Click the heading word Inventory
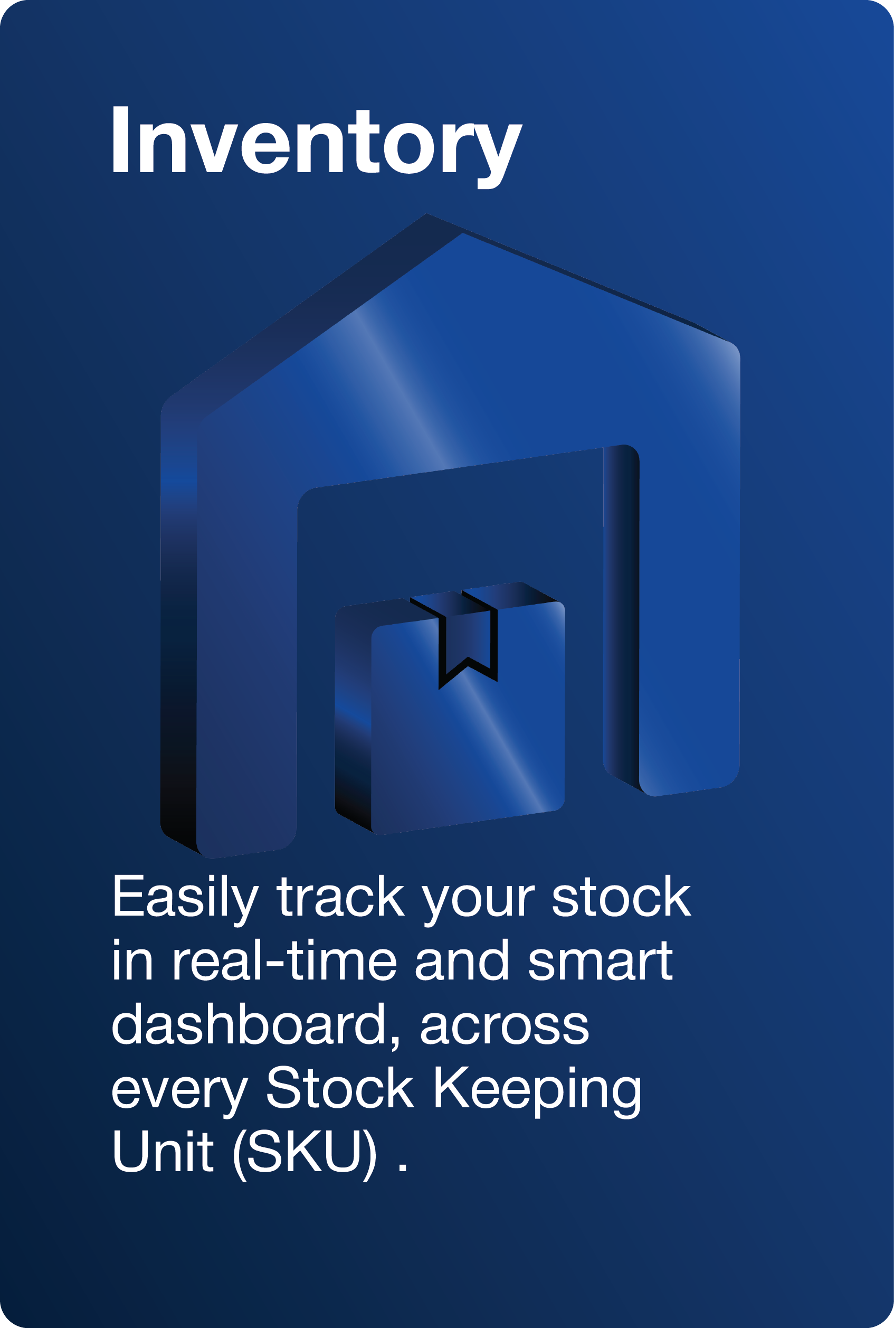coord(317,147)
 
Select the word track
coord(341,898)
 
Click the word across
coord(504,1030)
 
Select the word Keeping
coord(537,1091)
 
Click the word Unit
coord(163,1151)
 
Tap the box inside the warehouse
coord(450,708)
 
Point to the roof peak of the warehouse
coord(427,215)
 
